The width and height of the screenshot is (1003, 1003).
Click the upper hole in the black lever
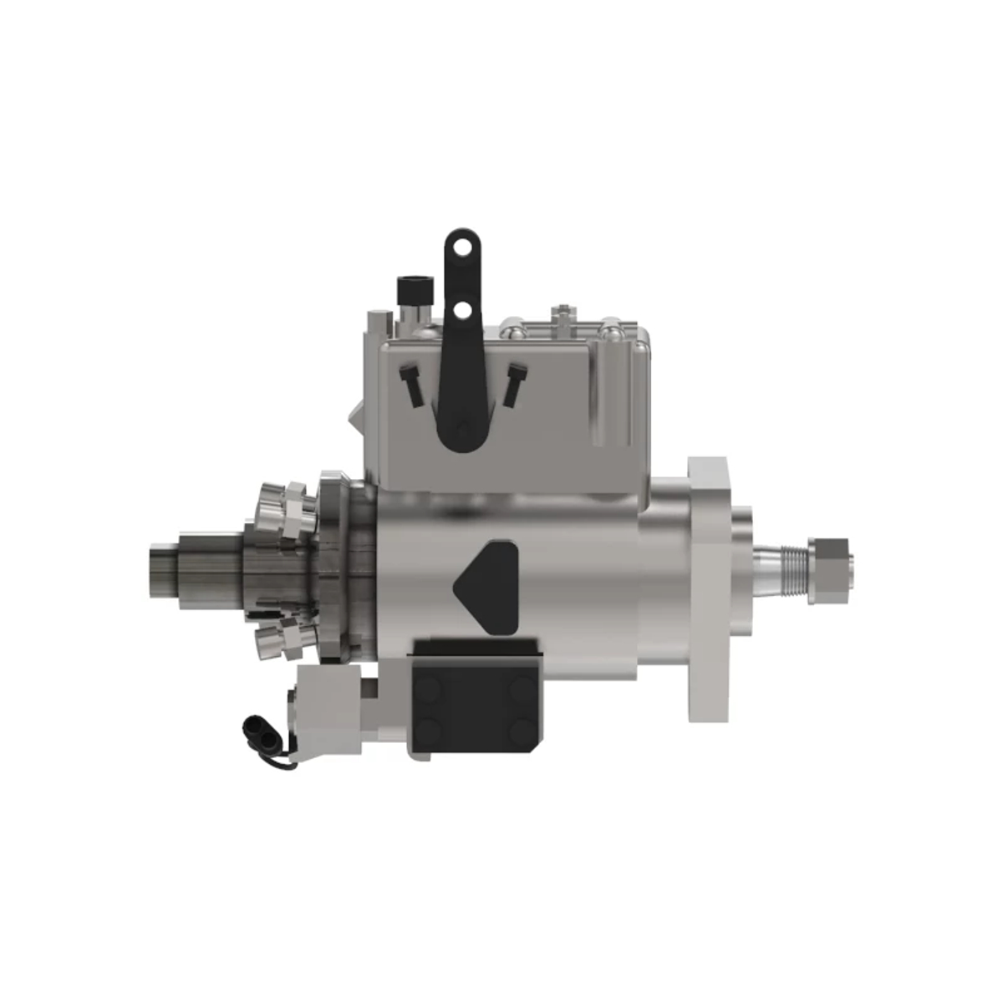click(456, 245)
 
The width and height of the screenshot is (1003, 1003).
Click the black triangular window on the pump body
click(487, 581)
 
